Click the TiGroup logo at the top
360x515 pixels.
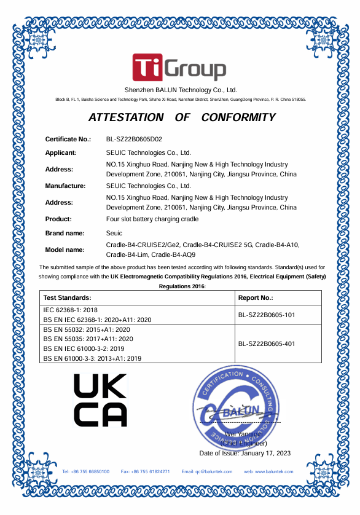pyautogui.click(x=179, y=68)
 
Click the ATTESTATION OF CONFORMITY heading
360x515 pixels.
pyautogui.click(x=182, y=117)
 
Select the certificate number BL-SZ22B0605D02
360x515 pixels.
pyautogui.click(x=134, y=140)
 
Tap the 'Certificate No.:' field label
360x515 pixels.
pyautogui.click(x=68, y=140)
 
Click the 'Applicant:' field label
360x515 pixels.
pyautogui.click(x=61, y=152)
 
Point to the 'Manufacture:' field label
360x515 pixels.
pyautogui.click(x=65, y=186)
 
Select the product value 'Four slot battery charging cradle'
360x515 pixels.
pyautogui.click(x=152, y=219)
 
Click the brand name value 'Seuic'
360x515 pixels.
pyautogui.click(x=114, y=234)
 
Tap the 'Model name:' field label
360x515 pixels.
pyautogui.click(x=65, y=250)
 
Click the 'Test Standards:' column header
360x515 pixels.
pyautogui.click(x=67, y=297)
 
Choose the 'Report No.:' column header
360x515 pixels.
pyautogui.click(x=255, y=297)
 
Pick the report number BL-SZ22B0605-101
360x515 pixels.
pyautogui.click(x=267, y=315)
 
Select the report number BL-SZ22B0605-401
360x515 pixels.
pyautogui.click(x=267, y=344)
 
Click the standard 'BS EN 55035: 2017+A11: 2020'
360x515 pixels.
pyautogui.click(x=88, y=339)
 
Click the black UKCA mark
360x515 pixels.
pyautogui.click(x=100, y=400)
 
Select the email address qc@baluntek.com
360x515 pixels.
pyautogui.click(x=207, y=471)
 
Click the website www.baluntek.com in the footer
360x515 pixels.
pyautogui.click(x=268, y=471)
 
